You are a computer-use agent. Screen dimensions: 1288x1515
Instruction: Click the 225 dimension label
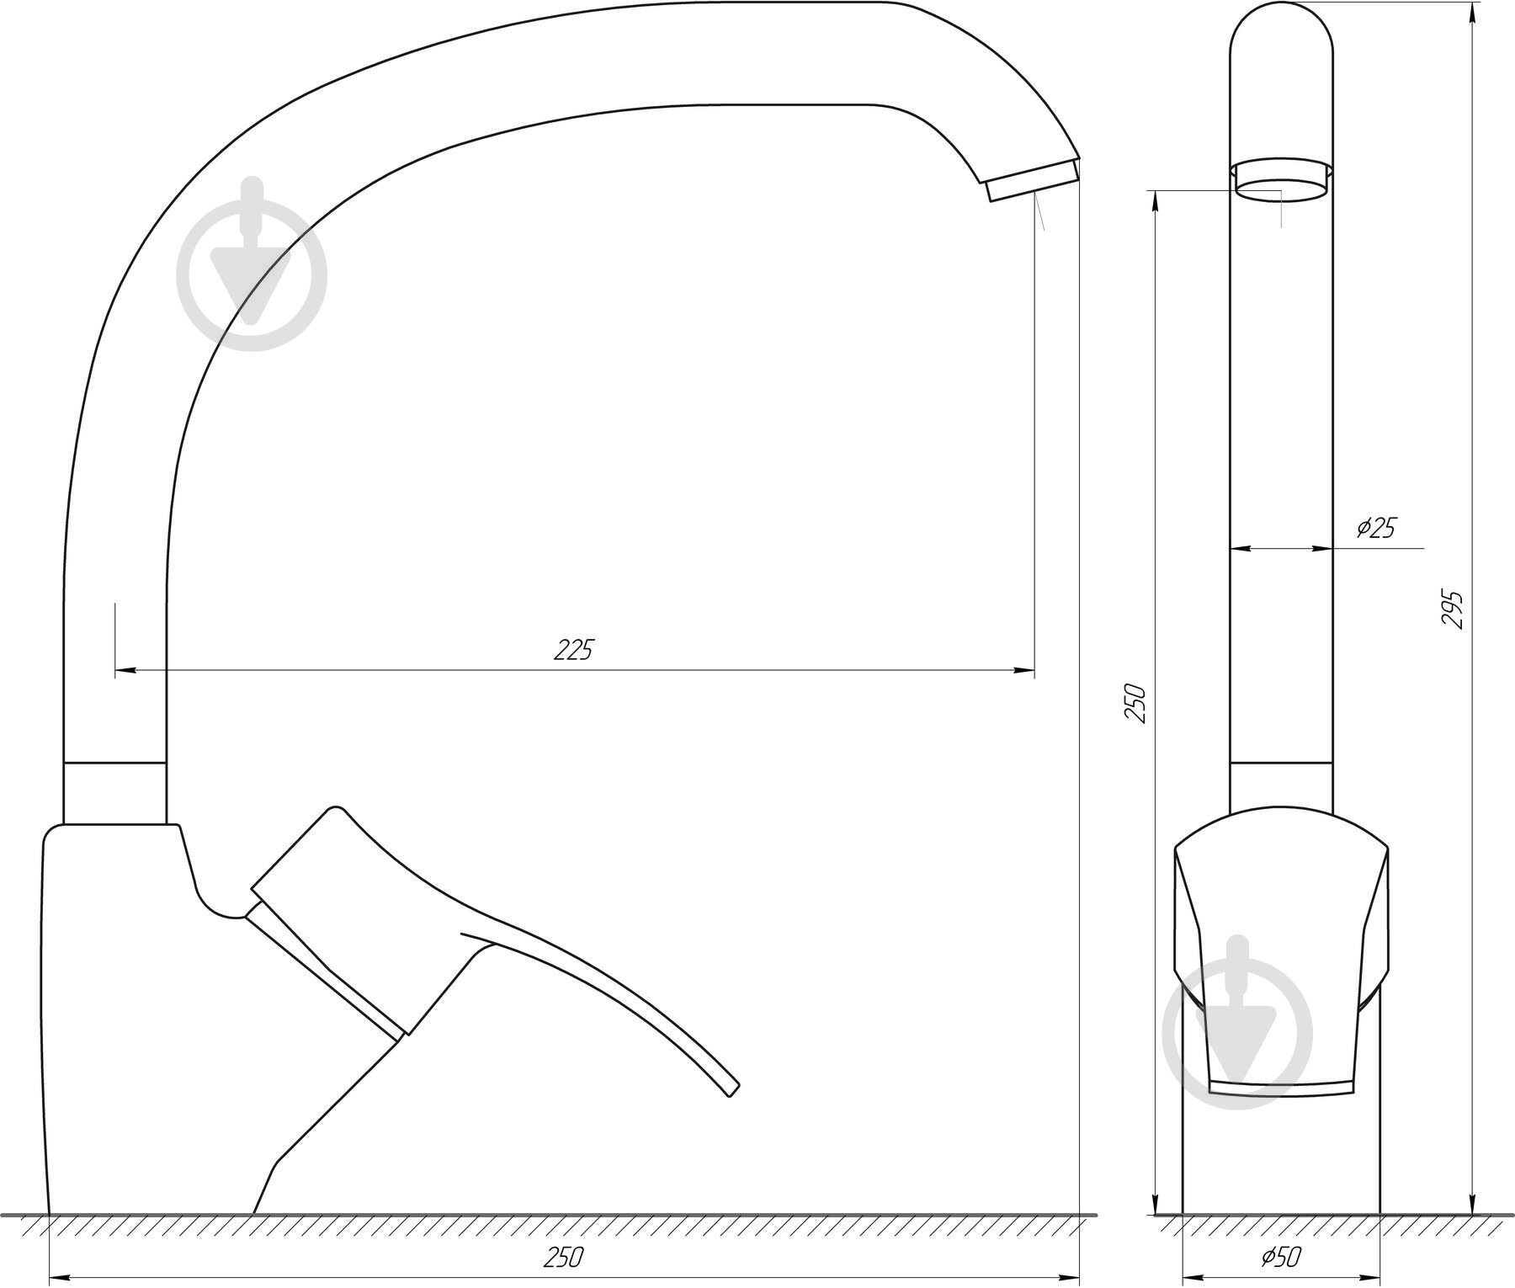click(574, 650)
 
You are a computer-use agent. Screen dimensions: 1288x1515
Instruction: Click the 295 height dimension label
click(1454, 609)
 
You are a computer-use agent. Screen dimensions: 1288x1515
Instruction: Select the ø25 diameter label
click(1376, 528)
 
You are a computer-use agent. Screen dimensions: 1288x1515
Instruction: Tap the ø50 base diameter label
click(1282, 1257)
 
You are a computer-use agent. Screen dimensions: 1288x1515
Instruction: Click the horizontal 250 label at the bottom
click(563, 1257)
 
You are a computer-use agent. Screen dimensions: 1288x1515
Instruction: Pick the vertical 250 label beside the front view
click(1137, 704)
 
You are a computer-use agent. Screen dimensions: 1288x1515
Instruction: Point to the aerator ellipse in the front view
click(1281, 189)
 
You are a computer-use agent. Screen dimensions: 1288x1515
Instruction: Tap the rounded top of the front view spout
click(1281, 25)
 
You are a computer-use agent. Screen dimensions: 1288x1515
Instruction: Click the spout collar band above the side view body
click(114, 792)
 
